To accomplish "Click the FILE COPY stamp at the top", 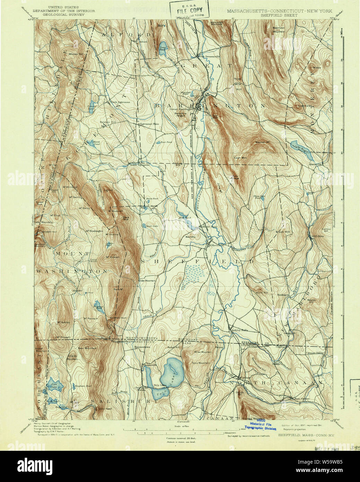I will pos(189,10).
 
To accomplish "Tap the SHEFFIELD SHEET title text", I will pos(279,15).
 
